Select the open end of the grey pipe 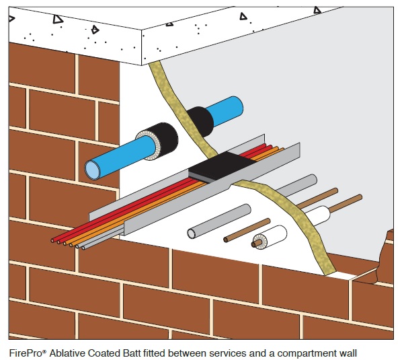[192, 233]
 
